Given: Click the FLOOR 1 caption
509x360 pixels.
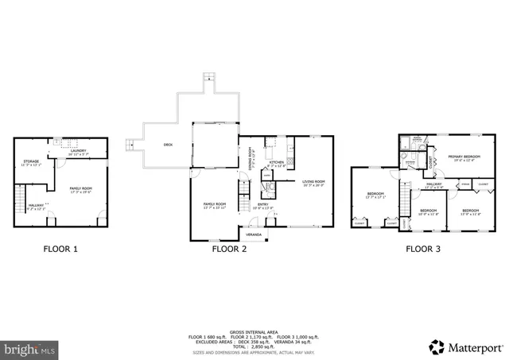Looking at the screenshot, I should click(x=60, y=249).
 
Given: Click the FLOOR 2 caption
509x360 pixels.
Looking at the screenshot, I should click(x=229, y=249).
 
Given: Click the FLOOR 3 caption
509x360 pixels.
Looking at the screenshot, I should click(x=424, y=249).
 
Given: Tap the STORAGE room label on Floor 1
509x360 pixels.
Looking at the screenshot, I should click(x=31, y=162).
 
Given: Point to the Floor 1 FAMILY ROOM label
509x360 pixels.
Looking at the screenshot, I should click(x=80, y=189).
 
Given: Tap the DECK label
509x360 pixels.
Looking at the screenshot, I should click(x=168, y=145).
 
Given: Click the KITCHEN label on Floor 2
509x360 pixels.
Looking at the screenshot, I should click(x=276, y=163).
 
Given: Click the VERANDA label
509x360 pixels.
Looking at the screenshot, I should click(x=254, y=235).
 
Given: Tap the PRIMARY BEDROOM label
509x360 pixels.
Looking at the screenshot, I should click(x=464, y=157).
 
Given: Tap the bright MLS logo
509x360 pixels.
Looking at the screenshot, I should click(x=30, y=348).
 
